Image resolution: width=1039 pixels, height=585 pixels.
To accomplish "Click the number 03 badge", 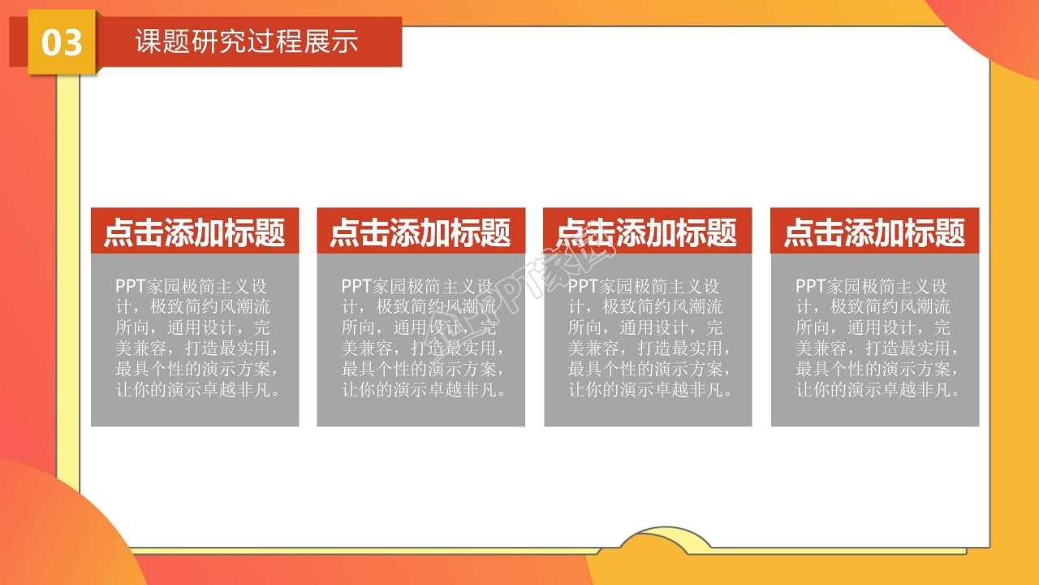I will pyautogui.click(x=62, y=42).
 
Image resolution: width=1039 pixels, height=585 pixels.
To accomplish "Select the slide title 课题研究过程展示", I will pyautogui.click(x=246, y=41).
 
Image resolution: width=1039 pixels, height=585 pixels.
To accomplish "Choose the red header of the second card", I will pyautogui.click(x=420, y=232).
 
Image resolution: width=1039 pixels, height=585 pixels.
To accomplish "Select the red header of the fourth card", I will pyautogui.click(x=874, y=232).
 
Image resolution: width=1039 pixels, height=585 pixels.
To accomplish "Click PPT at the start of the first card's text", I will pyautogui.click(x=130, y=286).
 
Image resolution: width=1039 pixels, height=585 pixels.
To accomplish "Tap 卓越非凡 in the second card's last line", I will pyautogui.click(x=472, y=390).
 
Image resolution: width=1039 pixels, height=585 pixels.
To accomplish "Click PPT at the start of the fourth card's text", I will pyautogui.click(x=810, y=286).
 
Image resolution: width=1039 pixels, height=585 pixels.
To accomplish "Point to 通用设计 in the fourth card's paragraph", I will pyautogui.click(x=881, y=327).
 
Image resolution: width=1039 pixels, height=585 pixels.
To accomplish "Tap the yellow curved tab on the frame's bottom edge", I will pyautogui.click(x=666, y=541).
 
